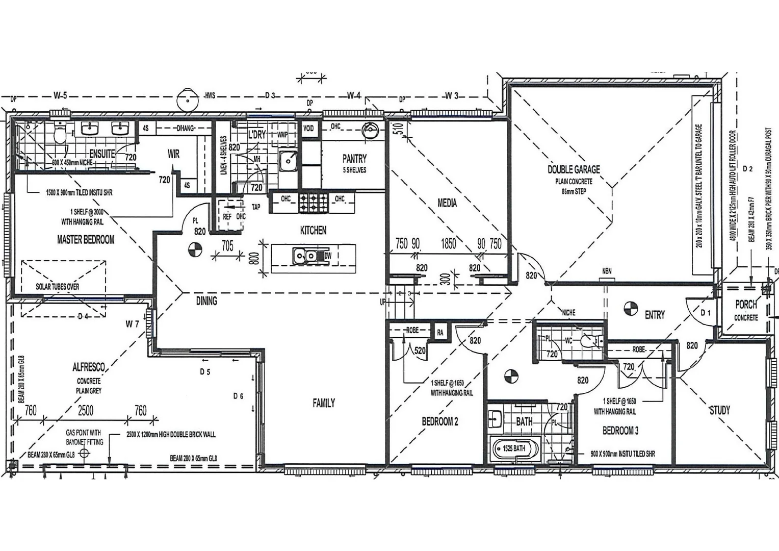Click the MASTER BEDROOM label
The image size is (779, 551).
(x=86, y=239)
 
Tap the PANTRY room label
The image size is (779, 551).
(x=354, y=159)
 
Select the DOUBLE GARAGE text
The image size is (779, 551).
(x=574, y=169)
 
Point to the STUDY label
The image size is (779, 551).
(x=719, y=410)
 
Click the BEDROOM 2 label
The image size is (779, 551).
(x=439, y=421)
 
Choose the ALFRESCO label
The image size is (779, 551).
(x=89, y=367)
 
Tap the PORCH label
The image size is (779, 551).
(x=746, y=305)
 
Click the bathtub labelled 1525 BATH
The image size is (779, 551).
(x=513, y=449)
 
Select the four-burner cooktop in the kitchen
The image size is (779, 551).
(x=314, y=202)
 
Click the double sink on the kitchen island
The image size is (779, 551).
(x=305, y=255)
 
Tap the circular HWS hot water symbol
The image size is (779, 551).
(x=187, y=99)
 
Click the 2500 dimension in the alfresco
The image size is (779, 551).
(x=86, y=411)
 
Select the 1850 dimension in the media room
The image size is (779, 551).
(x=448, y=244)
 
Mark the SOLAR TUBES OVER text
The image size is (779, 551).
(x=57, y=287)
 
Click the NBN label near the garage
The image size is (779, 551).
(x=607, y=271)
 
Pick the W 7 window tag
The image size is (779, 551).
(x=133, y=324)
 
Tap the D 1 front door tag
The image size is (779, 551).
(x=706, y=312)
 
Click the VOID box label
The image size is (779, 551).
(x=309, y=128)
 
